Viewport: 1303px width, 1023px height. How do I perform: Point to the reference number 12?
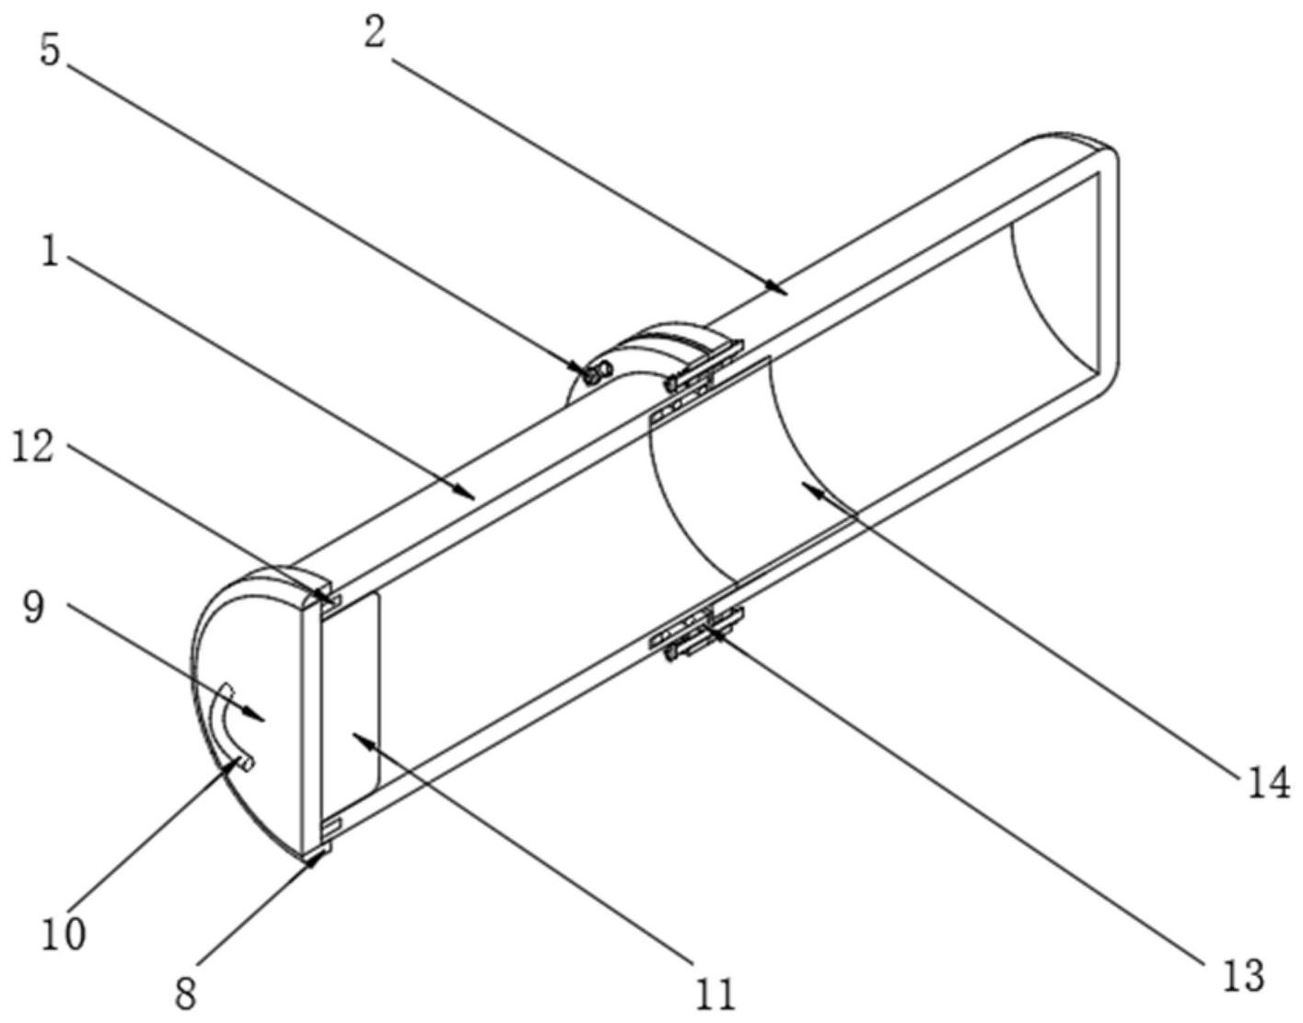[34, 449]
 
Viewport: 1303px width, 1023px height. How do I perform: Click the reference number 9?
[35, 608]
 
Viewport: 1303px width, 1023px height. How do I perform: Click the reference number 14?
[1269, 783]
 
